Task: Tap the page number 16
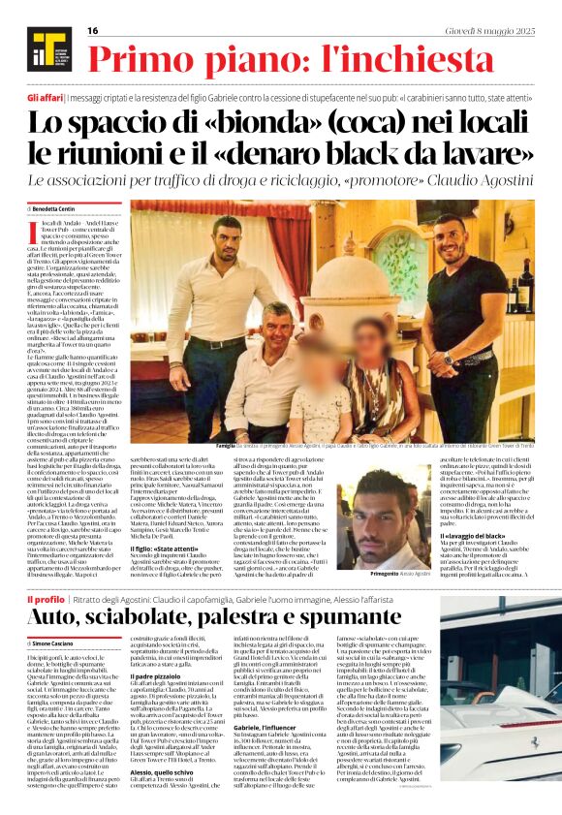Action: [x=93, y=31]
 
